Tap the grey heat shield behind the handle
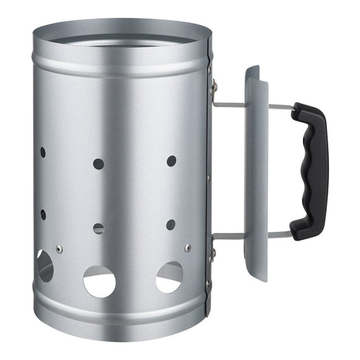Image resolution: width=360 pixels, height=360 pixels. tap(256, 173)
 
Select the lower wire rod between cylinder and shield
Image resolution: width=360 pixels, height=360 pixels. tap(228, 234)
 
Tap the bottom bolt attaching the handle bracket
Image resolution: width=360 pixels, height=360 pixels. tap(213, 252)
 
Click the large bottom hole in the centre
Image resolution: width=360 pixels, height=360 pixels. tap(99, 282)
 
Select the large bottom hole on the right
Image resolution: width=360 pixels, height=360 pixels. tap(169, 276)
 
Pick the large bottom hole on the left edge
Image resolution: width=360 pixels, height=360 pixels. tap(45, 266)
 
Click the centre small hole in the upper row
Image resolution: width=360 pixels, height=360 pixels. tap(99, 163)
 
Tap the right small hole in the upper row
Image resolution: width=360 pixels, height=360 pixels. tap(171, 161)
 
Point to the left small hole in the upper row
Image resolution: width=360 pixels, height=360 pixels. tap(42, 153)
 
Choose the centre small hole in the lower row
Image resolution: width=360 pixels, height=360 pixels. tap(99, 228)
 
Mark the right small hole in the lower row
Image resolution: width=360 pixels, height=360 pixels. tap(171, 225)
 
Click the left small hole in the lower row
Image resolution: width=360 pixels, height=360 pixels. tap(43, 215)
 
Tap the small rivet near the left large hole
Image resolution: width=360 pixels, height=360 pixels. tap(59, 249)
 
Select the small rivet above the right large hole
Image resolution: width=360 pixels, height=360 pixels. tap(187, 248)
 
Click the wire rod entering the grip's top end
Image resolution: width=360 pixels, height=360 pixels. tap(281, 107)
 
